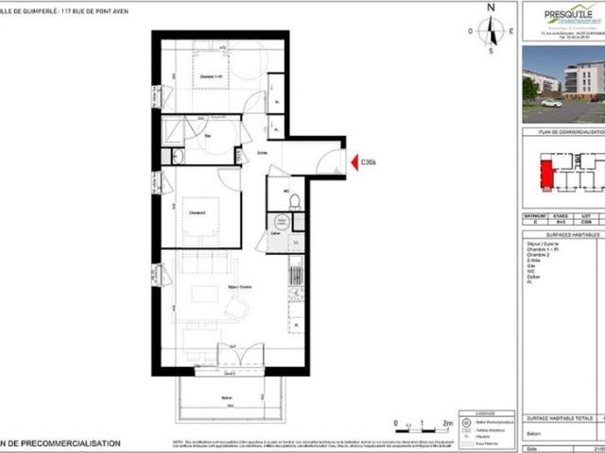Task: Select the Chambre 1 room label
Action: click(x=211, y=78)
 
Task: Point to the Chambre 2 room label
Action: click(x=198, y=211)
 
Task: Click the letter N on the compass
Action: click(x=491, y=8)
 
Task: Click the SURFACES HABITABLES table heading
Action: click(x=562, y=234)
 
